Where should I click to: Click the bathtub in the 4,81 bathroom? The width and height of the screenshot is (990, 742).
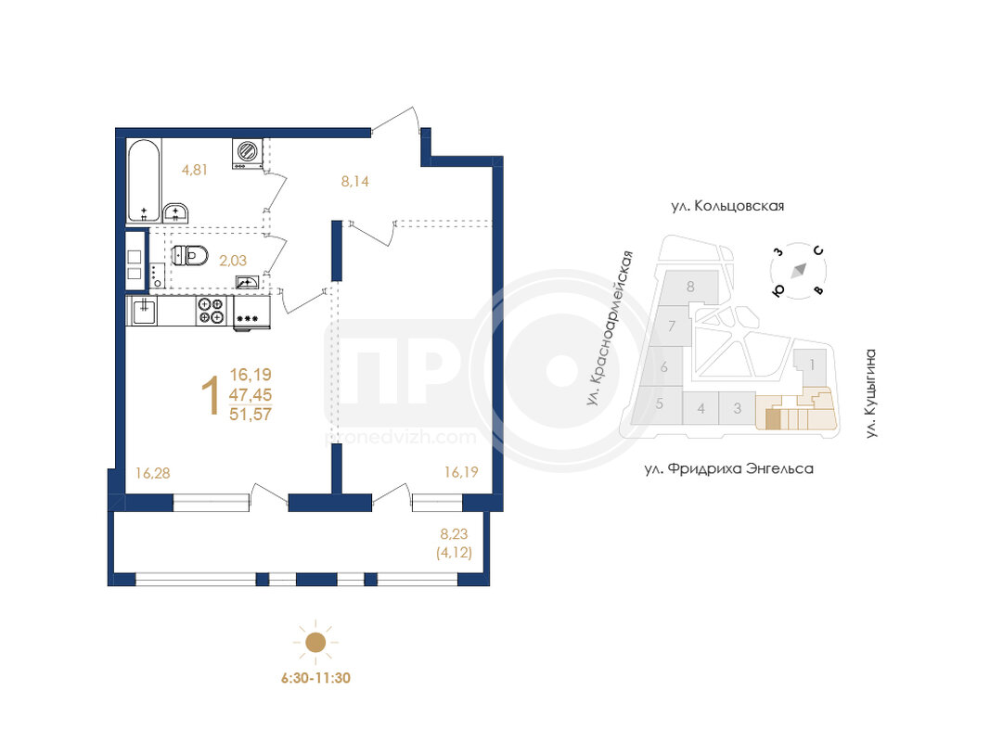click(x=144, y=181)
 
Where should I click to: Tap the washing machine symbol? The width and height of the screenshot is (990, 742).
click(x=248, y=153)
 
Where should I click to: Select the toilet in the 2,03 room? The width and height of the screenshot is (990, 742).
click(x=190, y=256)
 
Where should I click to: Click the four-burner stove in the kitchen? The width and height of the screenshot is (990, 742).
click(x=212, y=311)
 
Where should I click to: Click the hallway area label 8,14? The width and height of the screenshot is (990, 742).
click(x=354, y=182)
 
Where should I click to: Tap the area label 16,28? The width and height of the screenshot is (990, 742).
click(x=153, y=473)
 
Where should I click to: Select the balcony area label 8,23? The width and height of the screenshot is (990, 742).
click(x=454, y=534)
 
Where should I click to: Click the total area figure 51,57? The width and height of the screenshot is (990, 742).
click(x=251, y=415)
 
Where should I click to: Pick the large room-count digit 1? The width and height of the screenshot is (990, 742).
click(x=211, y=396)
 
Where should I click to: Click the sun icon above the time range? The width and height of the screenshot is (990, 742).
click(x=315, y=643)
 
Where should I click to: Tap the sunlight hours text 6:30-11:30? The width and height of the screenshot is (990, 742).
click(x=315, y=678)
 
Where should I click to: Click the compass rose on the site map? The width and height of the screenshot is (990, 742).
click(x=799, y=270)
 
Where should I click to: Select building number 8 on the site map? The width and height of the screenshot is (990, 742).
click(x=690, y=287)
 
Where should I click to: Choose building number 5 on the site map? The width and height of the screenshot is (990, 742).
click(x=659, y=403)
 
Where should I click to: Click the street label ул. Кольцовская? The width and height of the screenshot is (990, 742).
click(x=727, y=206)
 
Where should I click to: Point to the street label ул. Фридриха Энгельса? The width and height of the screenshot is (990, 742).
click(x=728, y=468)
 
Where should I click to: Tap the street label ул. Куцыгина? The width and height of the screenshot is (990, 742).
click(x=870, y=393)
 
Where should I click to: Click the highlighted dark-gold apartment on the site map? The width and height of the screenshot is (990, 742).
click(x=773, y=419)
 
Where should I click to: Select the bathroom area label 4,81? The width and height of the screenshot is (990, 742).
click(x=195, y=170)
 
